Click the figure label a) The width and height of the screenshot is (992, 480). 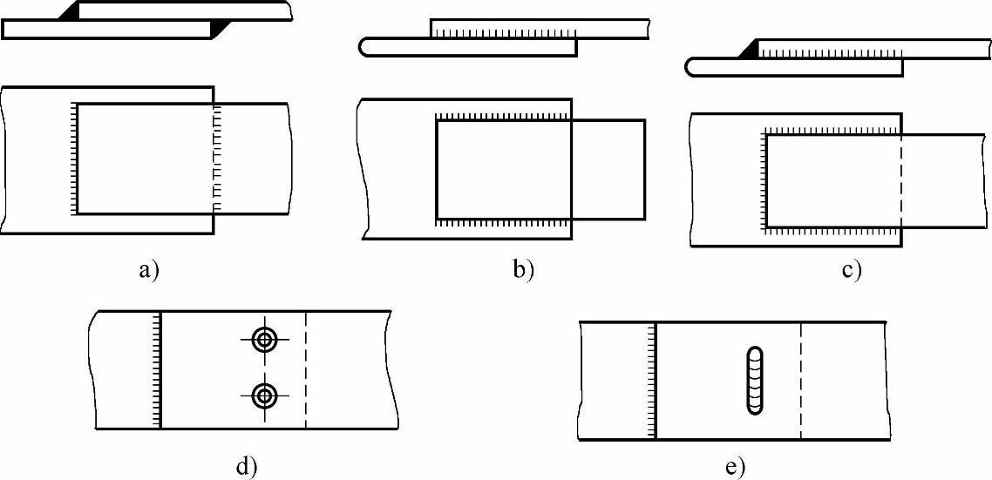[x=148, y=269]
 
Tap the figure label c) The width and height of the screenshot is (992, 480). [x=852, y=269]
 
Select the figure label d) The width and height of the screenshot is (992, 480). [x=247, y=466]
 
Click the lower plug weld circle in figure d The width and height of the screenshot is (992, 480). [x=263, y=397]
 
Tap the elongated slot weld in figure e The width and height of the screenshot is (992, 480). [x=755, y=380]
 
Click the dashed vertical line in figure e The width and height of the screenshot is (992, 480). [x=800, y=380]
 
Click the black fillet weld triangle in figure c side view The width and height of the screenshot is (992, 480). [x=749, y=52]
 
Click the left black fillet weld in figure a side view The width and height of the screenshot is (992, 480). [x=70, y=11]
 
